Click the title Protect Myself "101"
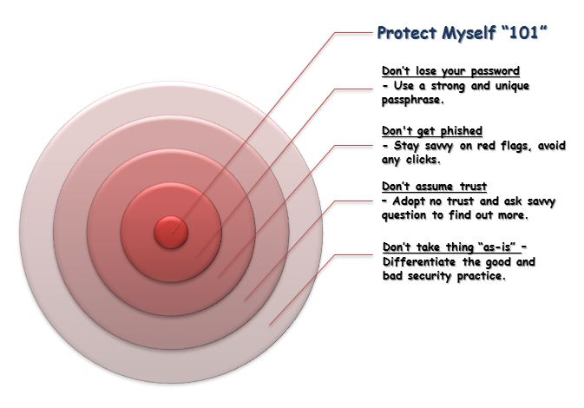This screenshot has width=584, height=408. point(463,33)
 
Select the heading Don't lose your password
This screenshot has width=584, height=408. point(450,71)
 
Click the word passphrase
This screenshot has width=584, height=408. point(413,100)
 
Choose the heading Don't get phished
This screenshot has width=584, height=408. point(432,131)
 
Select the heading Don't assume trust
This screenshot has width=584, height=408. point(434,187)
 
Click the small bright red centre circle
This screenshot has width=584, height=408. point(171,232)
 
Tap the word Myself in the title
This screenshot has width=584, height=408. point(469,33)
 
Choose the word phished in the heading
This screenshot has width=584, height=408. point(462,131)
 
